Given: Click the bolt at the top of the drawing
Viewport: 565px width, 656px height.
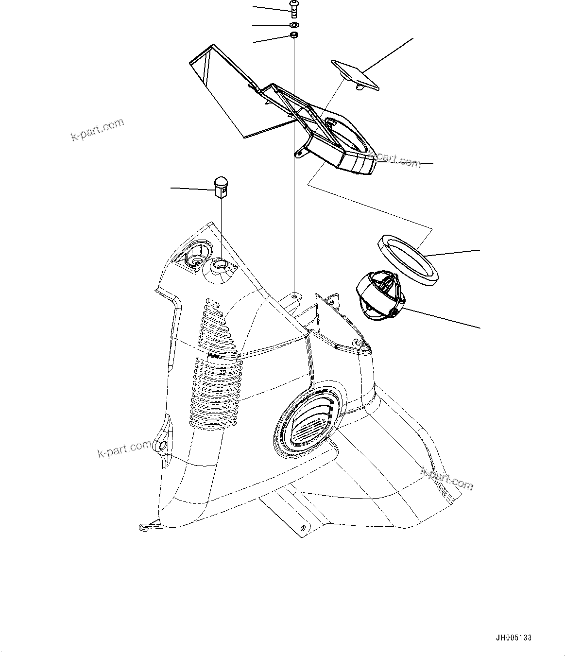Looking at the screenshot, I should point(293,9).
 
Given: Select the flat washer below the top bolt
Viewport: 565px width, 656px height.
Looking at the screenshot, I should point(293,24).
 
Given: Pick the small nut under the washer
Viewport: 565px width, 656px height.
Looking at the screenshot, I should point(293,35).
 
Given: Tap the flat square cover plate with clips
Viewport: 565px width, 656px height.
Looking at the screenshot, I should point(355,74).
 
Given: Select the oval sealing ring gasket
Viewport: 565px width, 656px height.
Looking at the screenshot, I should point(409,257).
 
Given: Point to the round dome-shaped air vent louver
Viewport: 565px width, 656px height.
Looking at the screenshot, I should point(379,296).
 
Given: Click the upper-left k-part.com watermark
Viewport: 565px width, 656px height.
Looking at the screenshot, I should point(97,129).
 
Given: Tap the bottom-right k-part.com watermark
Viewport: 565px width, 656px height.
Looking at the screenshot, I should point(446,478).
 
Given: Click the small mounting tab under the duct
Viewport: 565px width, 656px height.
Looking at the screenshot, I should point(300,154).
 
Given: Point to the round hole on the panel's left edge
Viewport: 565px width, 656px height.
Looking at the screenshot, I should point(161,445).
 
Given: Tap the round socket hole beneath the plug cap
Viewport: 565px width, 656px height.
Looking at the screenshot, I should point(220,265).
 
